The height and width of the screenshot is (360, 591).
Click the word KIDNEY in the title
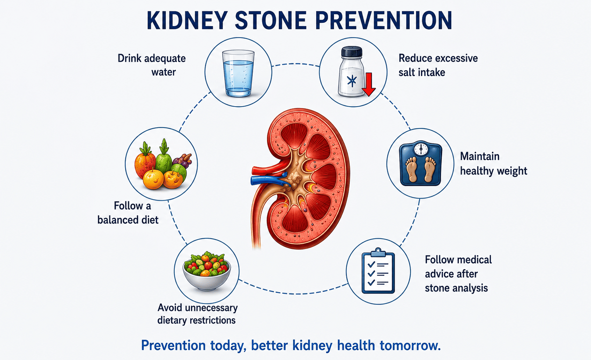(187, 20)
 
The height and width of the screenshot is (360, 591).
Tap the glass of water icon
(238, 73)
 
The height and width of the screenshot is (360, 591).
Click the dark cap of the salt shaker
(352, 52)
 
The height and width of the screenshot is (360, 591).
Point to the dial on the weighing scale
(421, 149)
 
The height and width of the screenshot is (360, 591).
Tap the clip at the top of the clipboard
(378, 252)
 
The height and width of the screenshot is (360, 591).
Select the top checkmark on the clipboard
(371, 264)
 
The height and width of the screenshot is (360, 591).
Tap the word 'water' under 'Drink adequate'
(164, 72)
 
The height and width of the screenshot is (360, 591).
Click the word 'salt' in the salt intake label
(408, 72)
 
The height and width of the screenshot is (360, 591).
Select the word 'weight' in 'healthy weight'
(510, 171)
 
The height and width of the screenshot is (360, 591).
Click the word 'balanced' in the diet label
(118, 220)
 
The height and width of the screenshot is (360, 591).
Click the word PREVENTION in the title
(384, 20)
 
